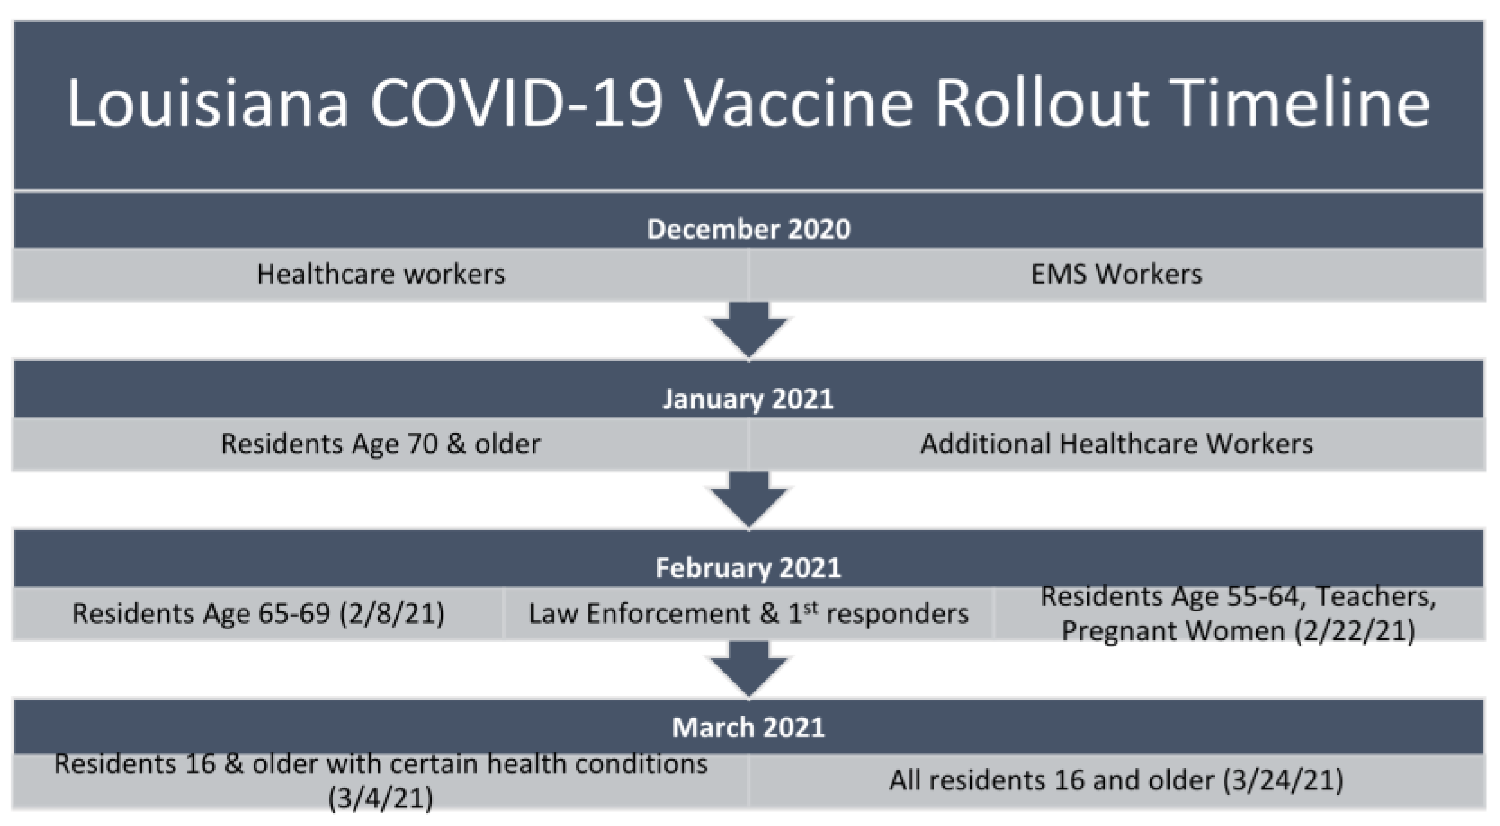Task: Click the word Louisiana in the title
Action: click(208, 103)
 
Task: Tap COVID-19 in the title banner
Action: click(516, 103)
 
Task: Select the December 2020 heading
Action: click(749, 229)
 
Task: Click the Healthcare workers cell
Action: click(381, 275)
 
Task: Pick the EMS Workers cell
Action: click(1117, 275)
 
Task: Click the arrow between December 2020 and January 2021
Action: click(749, 330)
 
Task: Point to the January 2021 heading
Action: click(748, 399)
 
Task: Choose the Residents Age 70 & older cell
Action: click(381, 444)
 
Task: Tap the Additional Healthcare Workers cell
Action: click(1117, 444)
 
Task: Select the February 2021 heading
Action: click(748, 568)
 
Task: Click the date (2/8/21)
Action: click(392, 614)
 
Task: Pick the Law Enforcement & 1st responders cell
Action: click(749, 614)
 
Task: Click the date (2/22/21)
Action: click(1355, 631)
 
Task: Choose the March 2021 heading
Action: click(749, 728)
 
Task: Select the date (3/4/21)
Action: click(381, 798)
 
